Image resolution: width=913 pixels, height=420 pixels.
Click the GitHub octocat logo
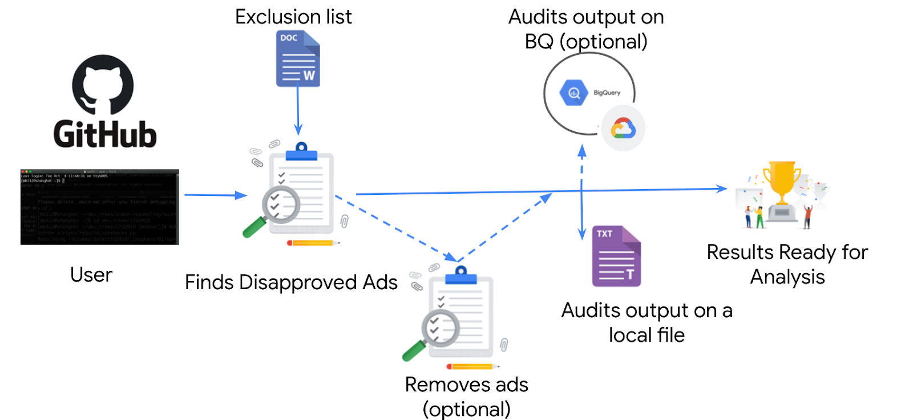point(103,85)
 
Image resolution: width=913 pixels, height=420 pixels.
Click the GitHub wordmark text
point(105,135)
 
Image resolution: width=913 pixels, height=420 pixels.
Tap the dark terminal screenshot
point(99,207)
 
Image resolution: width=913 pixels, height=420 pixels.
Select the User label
point(91,275)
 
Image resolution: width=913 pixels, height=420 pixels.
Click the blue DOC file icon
point(298,59)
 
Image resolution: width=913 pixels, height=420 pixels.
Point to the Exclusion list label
point(293,17)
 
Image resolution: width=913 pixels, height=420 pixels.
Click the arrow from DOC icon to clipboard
point(298,111)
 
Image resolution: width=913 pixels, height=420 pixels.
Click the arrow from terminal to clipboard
point(214,195)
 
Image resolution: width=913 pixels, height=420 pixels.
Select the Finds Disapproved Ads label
point(291,282)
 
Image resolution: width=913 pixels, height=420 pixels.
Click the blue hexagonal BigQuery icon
point(574,93)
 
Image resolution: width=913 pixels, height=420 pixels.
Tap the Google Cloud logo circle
point(623,129)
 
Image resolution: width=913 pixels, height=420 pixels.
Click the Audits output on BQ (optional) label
point(586,29)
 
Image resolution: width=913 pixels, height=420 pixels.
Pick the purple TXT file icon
point(616,257)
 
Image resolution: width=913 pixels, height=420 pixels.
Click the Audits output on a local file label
point(647,322)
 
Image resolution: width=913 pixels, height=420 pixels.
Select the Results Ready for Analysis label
point(787,264)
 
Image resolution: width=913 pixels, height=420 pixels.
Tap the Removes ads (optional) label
point(466,397)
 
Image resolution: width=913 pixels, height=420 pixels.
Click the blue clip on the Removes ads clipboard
point(461,276)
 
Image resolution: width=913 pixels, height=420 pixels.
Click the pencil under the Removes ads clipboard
point(472,366)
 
